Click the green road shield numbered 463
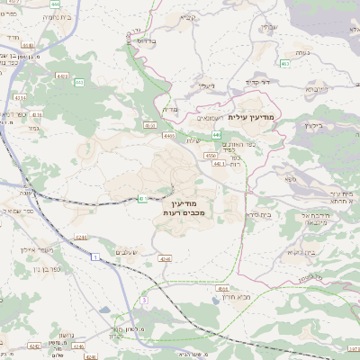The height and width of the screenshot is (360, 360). (284, 64)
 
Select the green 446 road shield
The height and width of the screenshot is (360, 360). (216, 134)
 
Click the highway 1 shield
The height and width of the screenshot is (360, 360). (94, 257)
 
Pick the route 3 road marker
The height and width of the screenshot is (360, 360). (142, 299)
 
